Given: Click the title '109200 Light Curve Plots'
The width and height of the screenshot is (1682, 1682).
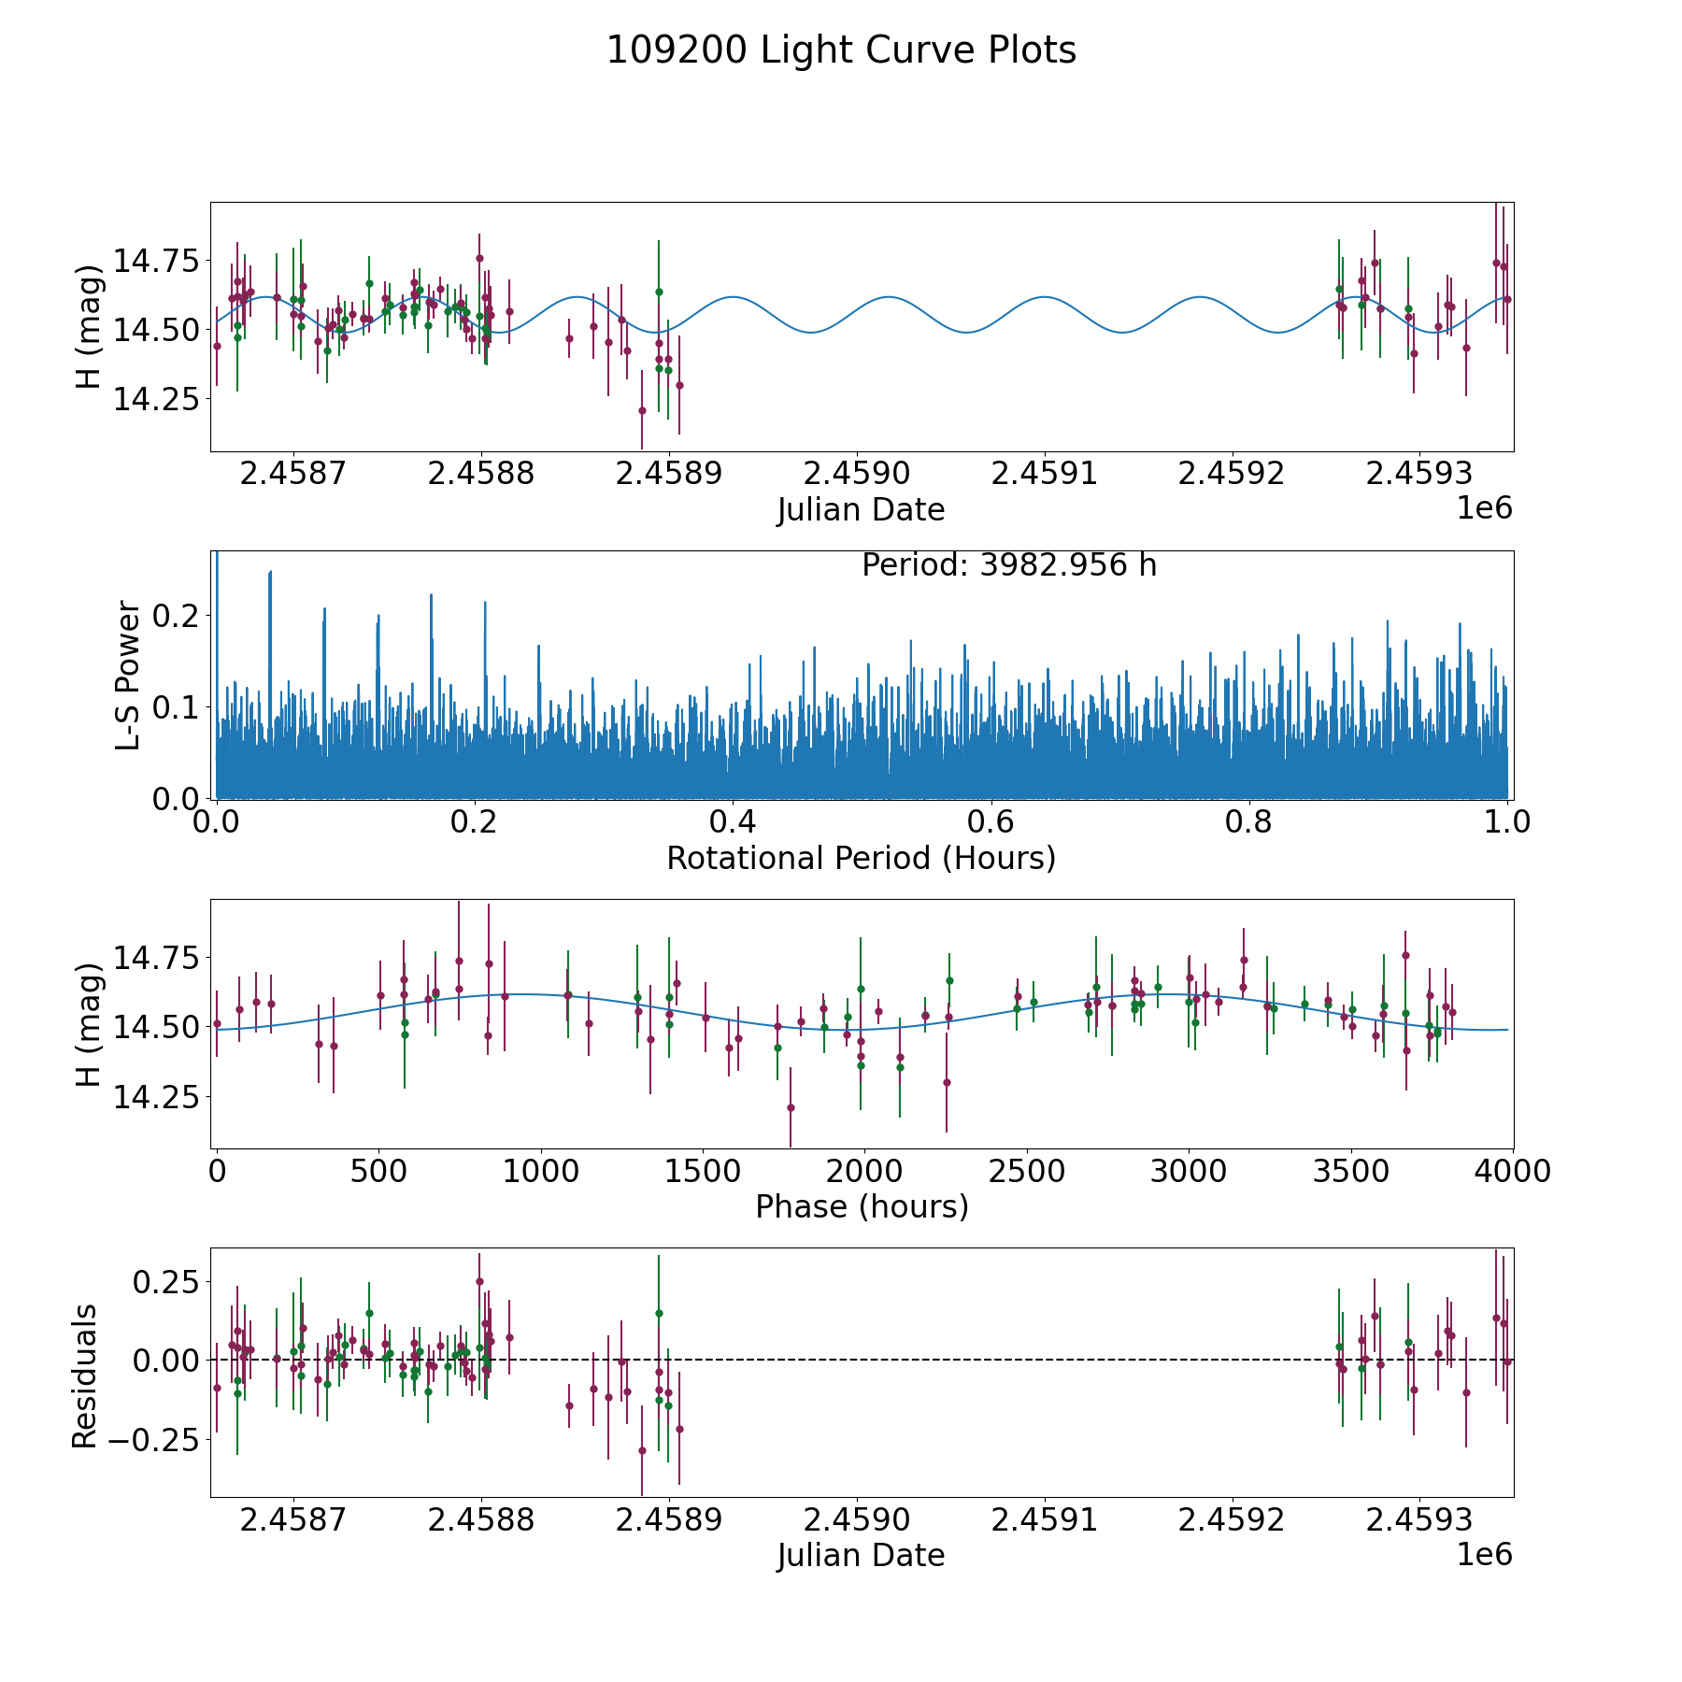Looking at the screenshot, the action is point(841,50).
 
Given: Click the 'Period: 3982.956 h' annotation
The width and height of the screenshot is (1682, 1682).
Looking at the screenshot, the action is point(1009,565).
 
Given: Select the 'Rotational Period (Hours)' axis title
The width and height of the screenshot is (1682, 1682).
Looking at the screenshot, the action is point(861,858).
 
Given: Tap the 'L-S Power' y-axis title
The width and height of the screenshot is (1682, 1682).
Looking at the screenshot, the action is point(129,675).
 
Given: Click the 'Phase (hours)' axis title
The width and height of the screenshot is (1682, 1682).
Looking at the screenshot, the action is point(862,1207).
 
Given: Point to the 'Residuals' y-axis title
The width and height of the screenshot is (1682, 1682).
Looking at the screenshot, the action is point(85,1376).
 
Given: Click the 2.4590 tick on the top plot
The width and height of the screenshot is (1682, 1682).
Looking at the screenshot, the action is point(856,473).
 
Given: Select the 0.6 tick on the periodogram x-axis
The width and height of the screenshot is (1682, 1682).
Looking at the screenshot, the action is point(991,822).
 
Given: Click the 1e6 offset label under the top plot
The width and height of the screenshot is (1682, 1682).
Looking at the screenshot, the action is point(1484,508).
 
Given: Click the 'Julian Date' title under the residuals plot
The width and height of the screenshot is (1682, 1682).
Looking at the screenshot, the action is point(861,1556).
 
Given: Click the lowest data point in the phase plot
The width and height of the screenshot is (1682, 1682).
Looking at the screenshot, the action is point(791,1107).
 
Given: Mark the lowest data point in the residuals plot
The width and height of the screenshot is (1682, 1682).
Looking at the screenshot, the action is point(642,1450).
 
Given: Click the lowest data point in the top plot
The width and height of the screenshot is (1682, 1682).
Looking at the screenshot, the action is point(642,410).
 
